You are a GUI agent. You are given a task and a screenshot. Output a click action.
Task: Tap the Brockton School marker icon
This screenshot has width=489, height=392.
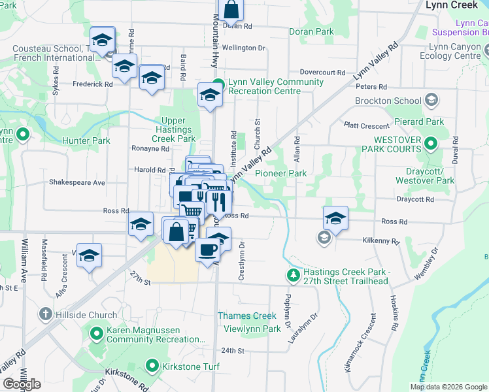point(431,101)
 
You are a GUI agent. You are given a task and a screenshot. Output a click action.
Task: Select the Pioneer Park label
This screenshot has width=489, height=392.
point(280,173)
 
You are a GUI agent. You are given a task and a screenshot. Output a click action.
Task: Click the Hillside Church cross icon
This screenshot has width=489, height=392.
point(45,315)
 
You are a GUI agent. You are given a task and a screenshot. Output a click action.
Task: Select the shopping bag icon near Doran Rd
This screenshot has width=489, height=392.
point(231,9)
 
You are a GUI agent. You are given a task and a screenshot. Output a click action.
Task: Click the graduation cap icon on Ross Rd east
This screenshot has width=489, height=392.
point(335,218)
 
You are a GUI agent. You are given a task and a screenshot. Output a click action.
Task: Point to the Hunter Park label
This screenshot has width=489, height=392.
point(86,140)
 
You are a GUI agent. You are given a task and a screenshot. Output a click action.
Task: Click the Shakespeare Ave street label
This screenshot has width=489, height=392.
point(76,183)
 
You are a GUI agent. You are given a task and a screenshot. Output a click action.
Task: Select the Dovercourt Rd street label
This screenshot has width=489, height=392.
point(322,72)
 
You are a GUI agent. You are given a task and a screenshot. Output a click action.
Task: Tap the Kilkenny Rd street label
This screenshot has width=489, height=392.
point(381,240)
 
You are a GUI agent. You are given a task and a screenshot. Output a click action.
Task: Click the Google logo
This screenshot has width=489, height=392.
point(22,384)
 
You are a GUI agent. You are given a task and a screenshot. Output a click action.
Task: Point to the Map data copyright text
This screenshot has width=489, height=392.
point(449,386)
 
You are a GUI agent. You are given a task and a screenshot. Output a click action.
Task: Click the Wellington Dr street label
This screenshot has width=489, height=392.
point(244,48)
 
